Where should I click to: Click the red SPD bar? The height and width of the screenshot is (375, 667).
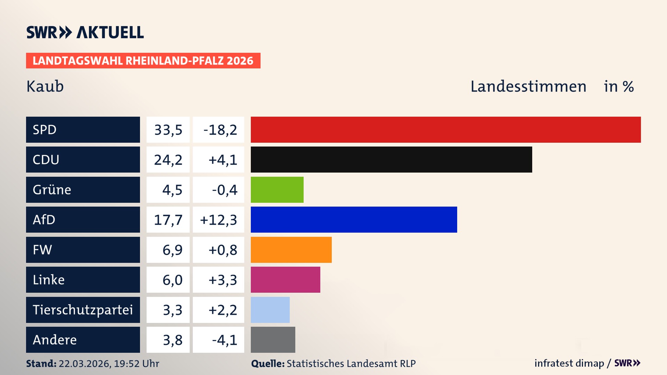click(x=446, y=130)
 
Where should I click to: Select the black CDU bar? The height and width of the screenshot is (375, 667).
click(x=391, y=159)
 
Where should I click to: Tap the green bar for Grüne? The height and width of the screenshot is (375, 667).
click(x=277, y=190)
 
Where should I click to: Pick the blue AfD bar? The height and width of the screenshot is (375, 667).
click(x=354, y=219)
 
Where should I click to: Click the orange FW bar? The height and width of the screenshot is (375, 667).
click(x=291, y=250)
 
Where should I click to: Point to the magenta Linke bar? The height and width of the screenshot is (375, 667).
click(x=285, y=280)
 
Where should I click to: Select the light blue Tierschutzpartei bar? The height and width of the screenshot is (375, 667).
click(x=270, y=310)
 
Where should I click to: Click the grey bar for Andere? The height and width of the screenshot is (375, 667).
click(x=273, y=340)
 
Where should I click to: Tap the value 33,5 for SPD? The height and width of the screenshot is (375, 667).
click(x=168, y=130)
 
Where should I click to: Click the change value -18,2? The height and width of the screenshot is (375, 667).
click(x=220, y=130)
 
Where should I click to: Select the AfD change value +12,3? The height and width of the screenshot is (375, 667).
click(x=219, y=220)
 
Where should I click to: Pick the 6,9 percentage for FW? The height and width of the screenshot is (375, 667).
click(x=172, y=250)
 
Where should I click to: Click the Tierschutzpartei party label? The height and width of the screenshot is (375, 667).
click(x=83, y=310)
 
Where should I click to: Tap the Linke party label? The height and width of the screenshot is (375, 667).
click(x=49, y=280)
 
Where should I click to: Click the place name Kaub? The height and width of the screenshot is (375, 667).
click(x=45, y=86)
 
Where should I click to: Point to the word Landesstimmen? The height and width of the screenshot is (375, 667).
click(x=528, y=86)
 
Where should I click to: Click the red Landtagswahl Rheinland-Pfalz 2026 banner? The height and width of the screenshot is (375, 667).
click(x=143, y=61)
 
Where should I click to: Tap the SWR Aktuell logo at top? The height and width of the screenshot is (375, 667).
click(x=85, y=32)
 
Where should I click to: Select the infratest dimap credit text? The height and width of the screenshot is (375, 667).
click(x=569, y=363)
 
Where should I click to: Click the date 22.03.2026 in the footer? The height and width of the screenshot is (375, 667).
click(x=84, y=364)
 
